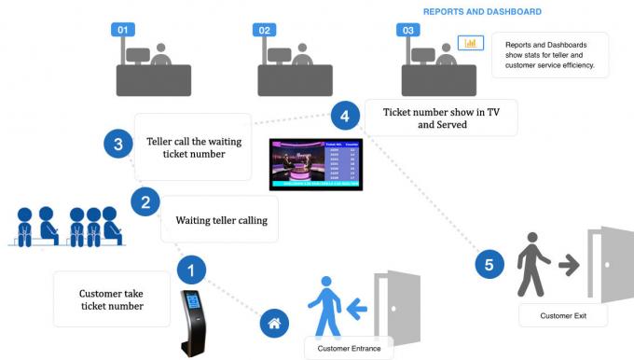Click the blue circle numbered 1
point(191,270)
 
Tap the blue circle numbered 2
point(145,201)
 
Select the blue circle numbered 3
point(117,145)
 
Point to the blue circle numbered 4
point(345,117)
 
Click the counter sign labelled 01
point(122,31)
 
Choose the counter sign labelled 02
point(265,31)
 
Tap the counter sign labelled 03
point(407,31)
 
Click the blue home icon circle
point(274,324)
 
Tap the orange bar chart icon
point(469,43)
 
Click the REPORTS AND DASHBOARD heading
point(482,12)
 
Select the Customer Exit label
point(563,316)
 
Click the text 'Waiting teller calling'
point(221,221)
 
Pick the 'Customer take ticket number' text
point(112,299)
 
